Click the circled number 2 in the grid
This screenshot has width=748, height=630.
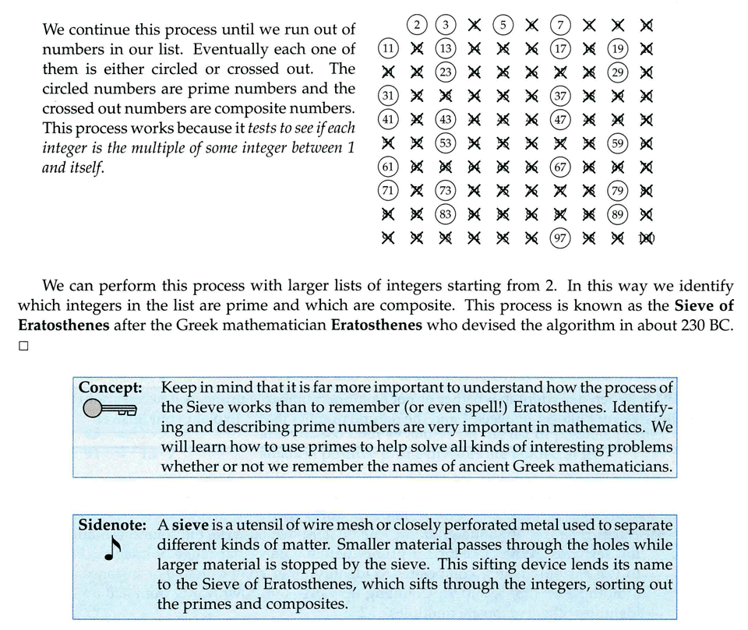pyautogui.click(x=418, y=25)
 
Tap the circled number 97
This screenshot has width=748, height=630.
pyautogui.click(x=560, y=238)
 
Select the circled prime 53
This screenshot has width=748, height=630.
pyautogui.click(x=446, y=143)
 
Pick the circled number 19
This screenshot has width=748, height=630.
pyautogui.click(x=617, y=49)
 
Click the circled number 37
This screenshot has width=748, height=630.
pyautogui.click(x=560, y=97)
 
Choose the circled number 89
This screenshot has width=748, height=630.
pyautogui.click(x=617, y=215)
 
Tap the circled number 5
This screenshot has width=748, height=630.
pyautogui.click(x=503, y=25)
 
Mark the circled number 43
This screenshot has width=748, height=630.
pyautogui.click(x=446, y=120)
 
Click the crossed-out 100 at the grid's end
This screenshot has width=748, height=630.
pyautogui.click(x=646, y=238)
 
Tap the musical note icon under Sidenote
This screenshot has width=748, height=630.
pyautogui.click(x=111, y=550)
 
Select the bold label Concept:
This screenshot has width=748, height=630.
pyautogui.click(x=110, y=387)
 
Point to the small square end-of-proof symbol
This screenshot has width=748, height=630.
pyautogui.click(x=23, y=347)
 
